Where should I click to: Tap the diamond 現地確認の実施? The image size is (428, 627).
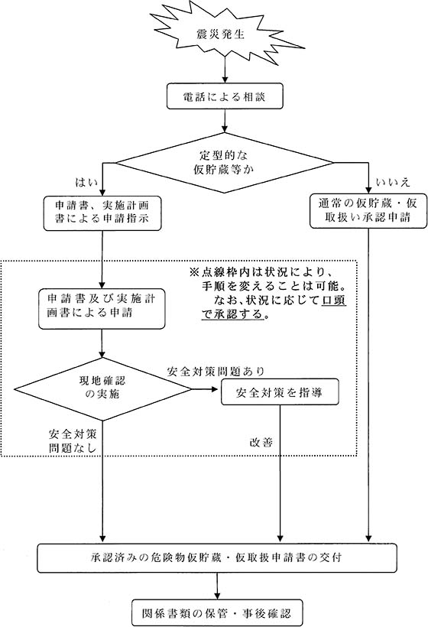(101, 388)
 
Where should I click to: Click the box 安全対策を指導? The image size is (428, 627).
(279, 392)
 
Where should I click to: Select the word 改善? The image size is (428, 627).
(260, 442)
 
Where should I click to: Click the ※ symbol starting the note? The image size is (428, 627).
(193, 273)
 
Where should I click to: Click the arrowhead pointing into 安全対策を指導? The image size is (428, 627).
(216, 388)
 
